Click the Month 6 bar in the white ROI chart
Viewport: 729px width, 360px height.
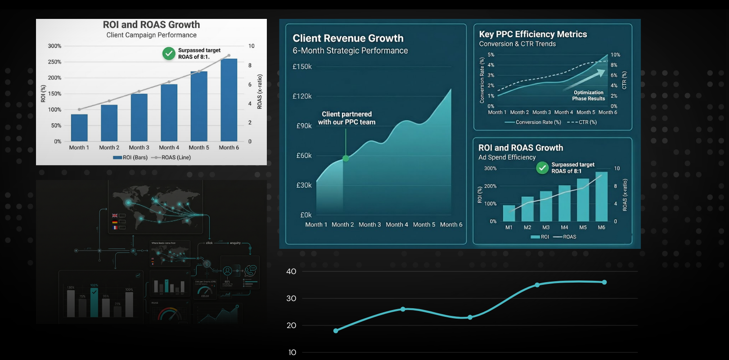(229, 100)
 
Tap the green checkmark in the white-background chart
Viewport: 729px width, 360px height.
(169, 54)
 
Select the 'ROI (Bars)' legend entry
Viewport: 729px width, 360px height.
(130, 157)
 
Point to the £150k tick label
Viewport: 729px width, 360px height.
(302, 67)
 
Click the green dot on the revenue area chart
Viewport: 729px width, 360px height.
(346, 158)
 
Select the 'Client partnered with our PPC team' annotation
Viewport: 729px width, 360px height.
(346, 118)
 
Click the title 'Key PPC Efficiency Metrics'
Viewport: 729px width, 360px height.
(533, 34)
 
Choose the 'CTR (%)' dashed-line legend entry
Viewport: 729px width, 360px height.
(582, 122)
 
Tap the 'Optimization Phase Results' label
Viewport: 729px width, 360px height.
(589, 95)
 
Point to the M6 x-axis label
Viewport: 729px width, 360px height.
(601, 228)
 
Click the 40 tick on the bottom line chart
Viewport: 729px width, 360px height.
(291, 271)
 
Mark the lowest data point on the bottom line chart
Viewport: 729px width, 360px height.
(336, 331)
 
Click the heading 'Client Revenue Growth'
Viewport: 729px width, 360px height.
(348, 38)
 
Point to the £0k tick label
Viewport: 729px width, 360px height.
(306, 215)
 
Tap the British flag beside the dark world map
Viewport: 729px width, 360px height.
(115, 216)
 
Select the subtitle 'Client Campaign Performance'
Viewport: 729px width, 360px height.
(151, 35)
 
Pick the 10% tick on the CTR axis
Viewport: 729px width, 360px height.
(615, 55)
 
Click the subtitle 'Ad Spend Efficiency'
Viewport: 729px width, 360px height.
(507, 157)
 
